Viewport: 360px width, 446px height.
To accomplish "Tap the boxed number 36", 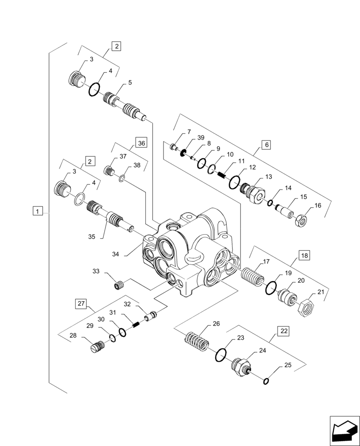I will coord(141,143).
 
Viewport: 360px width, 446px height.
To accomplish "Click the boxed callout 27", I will coord(81,304).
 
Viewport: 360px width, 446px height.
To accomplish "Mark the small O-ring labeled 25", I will coord(266,380).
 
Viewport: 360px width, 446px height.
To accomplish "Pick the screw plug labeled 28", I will coord(97,346).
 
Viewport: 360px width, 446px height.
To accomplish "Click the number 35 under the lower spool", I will coord(92,237).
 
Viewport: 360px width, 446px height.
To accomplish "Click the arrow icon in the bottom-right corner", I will coord(344,430).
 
